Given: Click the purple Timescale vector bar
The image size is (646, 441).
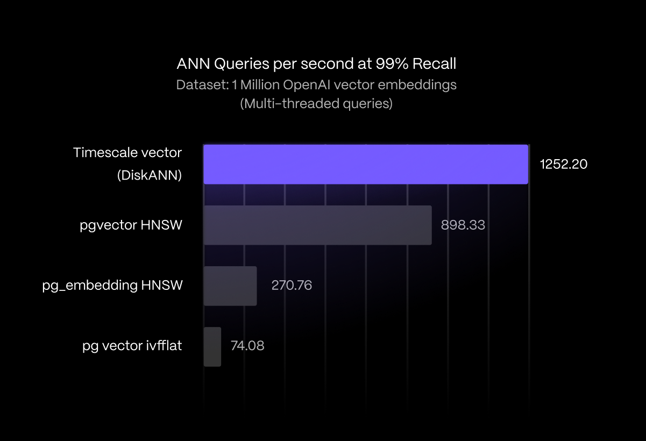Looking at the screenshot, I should [x=366, y=164].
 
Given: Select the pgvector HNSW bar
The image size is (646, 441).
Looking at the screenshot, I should [x=317, y=225].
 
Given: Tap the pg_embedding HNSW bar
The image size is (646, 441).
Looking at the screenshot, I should [x=230, y=286].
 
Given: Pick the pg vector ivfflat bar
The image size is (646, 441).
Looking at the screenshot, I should [x=212, y=347].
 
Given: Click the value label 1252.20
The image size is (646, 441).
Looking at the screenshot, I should [x=564, y=165].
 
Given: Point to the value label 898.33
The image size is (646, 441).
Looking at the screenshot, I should [x=463, y=225].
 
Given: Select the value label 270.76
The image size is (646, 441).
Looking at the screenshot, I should [x=292, y=285].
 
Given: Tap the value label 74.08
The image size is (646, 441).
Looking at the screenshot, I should [x=247, y=346].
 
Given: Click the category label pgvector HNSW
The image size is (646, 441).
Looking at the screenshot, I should [x=131, y=225].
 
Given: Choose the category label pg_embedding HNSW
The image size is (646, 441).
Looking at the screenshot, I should [x=112, y=286].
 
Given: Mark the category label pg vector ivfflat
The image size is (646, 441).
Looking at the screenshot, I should [x=132, y=346].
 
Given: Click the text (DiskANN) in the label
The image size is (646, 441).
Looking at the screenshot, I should [x=150, y=175].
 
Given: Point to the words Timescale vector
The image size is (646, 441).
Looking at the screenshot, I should [x=127, y=153].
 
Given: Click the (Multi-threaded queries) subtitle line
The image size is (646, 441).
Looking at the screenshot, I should [x=316, y=103].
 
